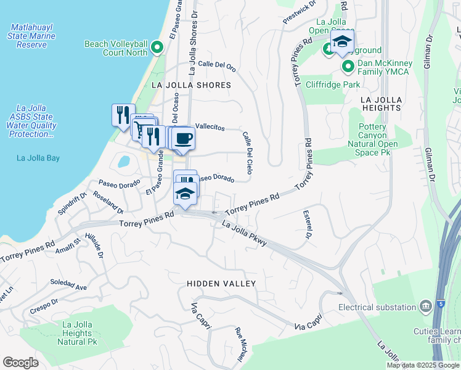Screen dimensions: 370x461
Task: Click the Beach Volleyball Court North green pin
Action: point(157,47)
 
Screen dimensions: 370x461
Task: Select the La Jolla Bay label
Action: point(38,158)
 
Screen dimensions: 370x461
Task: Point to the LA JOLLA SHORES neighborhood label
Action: point(191,85)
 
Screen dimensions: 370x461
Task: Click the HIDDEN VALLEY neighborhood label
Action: point(221,283)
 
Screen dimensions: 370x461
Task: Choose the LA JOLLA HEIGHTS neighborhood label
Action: point(381,104)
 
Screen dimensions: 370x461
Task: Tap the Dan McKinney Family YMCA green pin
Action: point(348,66)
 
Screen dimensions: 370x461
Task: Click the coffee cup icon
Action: point(184,139)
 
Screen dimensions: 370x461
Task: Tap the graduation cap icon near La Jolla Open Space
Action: point(341,43)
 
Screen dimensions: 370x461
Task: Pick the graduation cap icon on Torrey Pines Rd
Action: point(185,194)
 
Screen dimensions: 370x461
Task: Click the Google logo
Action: point(21,363)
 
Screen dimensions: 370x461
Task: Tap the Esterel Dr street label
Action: point(306,224)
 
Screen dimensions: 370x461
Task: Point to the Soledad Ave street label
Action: point(68,284)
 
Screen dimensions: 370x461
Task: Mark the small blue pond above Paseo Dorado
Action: point(123,162)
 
